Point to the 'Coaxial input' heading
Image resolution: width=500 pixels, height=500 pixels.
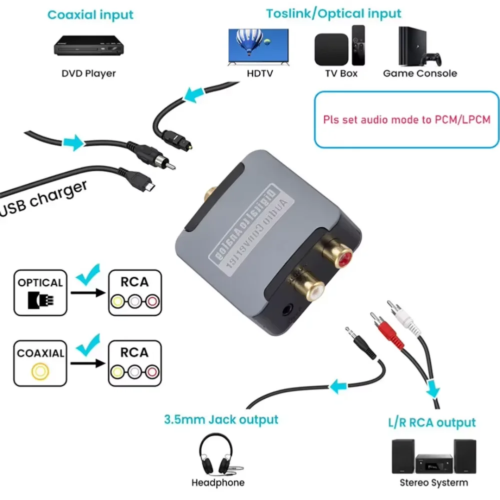coord(91,15)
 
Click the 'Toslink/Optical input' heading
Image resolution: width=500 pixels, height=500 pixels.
coord(333,13)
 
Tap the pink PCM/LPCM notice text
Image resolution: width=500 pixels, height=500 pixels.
coord(406,120)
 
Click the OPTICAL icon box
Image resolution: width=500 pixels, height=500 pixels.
coord(40,293)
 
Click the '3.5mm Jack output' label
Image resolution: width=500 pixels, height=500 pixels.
coord(221,418)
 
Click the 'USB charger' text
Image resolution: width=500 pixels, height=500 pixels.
coord(45,199)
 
